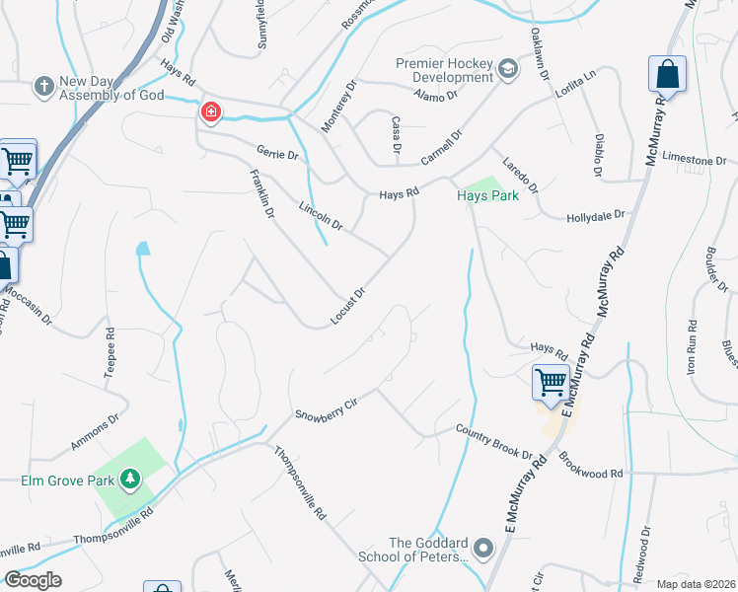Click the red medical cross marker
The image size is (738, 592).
[210, 112]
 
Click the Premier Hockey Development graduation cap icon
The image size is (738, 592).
[508, 68]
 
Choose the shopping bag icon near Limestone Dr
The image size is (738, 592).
[667, 74]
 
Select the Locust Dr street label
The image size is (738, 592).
[348, 306]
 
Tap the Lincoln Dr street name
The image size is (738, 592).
[321, 216]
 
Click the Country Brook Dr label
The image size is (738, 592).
[493, 440]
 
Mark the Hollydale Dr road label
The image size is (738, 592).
[596, 215]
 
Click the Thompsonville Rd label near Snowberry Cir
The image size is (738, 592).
[300, 484]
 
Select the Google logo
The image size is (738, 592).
[33, 580]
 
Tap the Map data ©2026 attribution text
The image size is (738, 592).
[696, 583]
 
